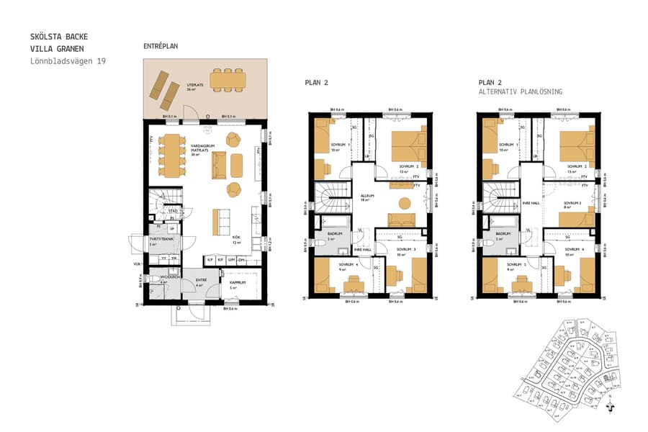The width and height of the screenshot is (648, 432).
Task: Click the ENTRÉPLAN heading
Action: click(x=161, y=46)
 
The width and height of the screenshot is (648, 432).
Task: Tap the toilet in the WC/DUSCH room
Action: click(x=148, y=279)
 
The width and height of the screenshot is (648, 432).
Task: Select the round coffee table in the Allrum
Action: click(x=405, y=202)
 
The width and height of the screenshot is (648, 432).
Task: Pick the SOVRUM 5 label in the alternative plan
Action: click(x=514, y=264)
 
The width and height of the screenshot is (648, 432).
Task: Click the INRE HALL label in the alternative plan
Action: click(x=531, y=202)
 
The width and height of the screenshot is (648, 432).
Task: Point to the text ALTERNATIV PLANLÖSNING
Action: click(x=521, y=92)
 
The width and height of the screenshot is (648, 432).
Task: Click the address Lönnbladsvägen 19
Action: click(x=68, y=61)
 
